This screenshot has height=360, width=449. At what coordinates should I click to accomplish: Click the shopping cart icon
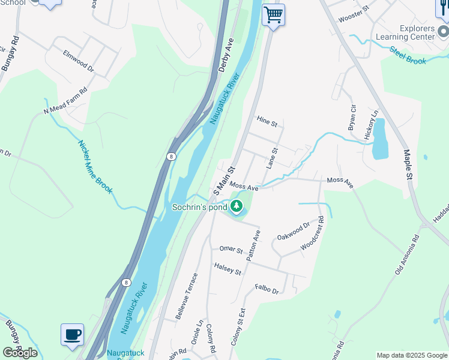(273, 14)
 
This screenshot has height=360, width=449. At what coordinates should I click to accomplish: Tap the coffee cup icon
(72, 334)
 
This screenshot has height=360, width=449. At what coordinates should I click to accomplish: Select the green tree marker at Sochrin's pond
(237, 208)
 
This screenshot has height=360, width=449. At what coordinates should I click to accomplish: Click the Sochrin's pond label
(200, 208)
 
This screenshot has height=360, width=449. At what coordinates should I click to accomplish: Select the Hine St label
(267, 121)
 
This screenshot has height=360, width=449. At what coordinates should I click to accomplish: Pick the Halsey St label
(228, 268)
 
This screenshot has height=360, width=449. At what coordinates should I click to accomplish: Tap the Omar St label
(230, 250)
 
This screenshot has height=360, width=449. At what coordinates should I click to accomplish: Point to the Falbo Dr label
(267, 289)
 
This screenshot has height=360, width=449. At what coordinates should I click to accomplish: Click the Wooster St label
(353, 17)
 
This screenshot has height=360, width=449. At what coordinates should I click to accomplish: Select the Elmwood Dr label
(79, 61)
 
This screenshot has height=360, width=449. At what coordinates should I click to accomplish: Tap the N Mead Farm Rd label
(65, 101)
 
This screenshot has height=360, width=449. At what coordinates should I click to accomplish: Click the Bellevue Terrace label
(186, 296)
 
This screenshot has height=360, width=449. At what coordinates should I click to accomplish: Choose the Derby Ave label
(226, 56)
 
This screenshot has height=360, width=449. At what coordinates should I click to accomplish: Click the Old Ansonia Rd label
(407, 254)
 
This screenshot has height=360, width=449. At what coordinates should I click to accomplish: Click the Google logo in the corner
(20, 352)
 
